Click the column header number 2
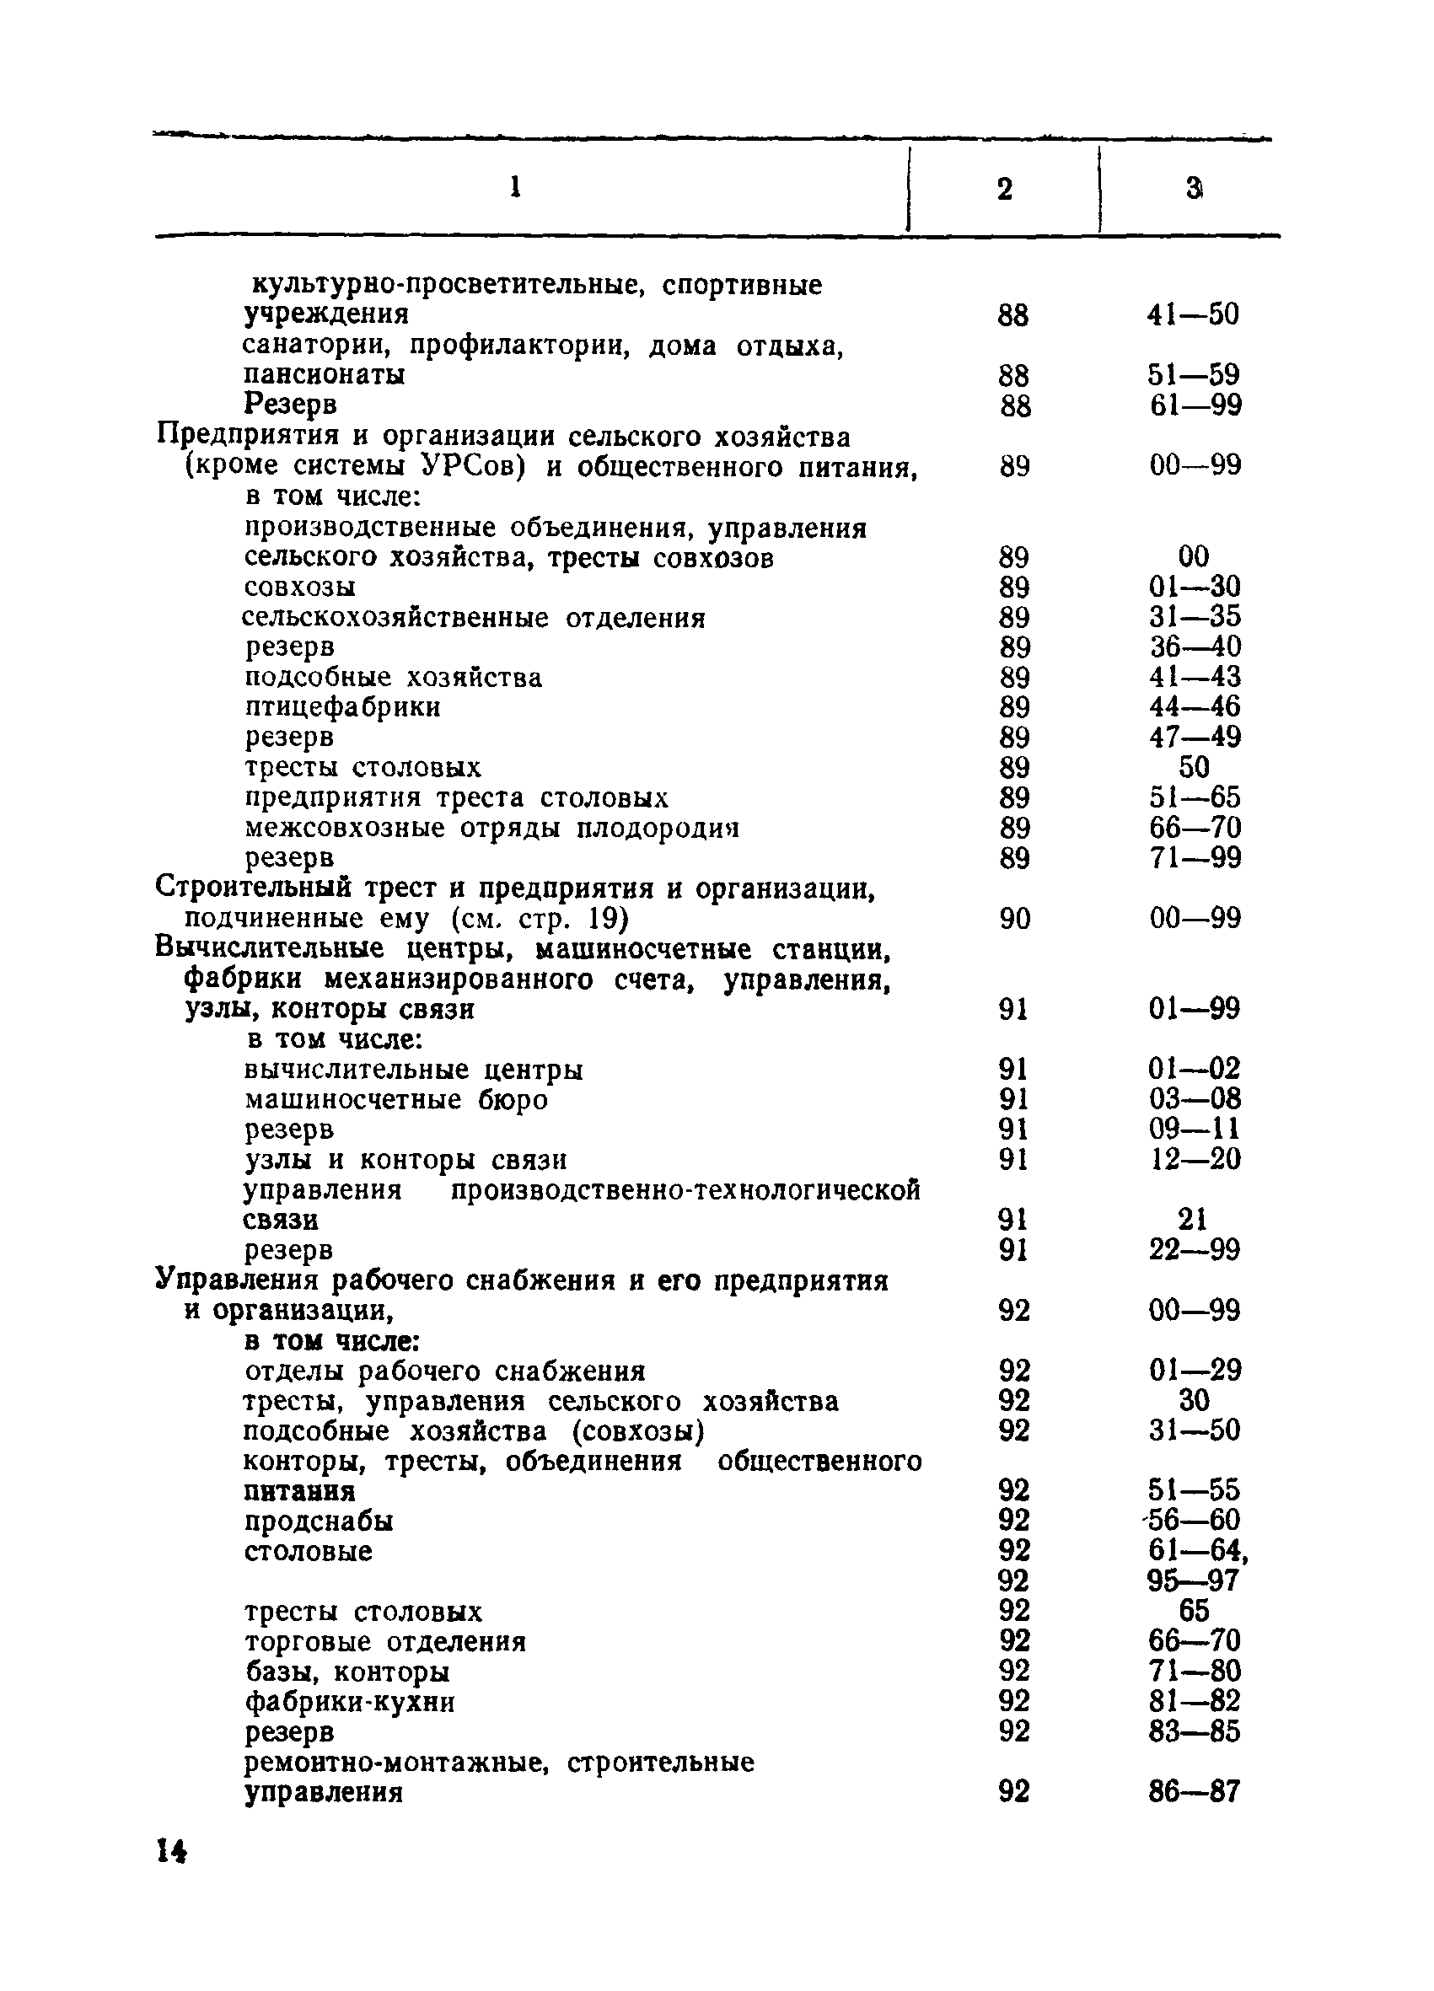point(1005,189)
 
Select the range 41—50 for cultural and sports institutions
point(1193,314)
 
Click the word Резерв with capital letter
point(291,405)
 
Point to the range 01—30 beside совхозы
point(1195,587)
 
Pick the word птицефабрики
point(342,706)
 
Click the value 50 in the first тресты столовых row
point(1195,767)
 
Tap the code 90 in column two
point(1014,919)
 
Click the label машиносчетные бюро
point(396,1100)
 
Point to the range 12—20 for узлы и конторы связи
point(1195,1160)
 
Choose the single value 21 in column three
point(1193,1220)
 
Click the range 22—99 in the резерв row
point(1195,1249)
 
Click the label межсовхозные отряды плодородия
point(491,828)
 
